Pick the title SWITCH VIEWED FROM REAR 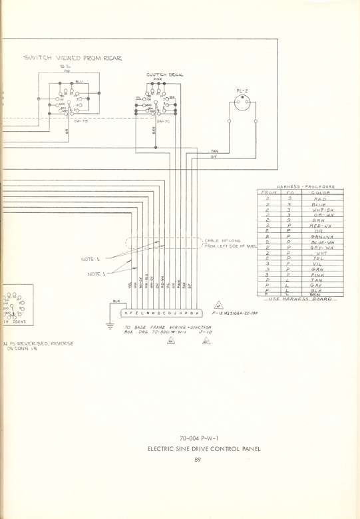tap(73, 59)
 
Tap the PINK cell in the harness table tap(317, 274)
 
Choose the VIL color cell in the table tap(316, 263)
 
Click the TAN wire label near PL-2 tap(214, 152)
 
